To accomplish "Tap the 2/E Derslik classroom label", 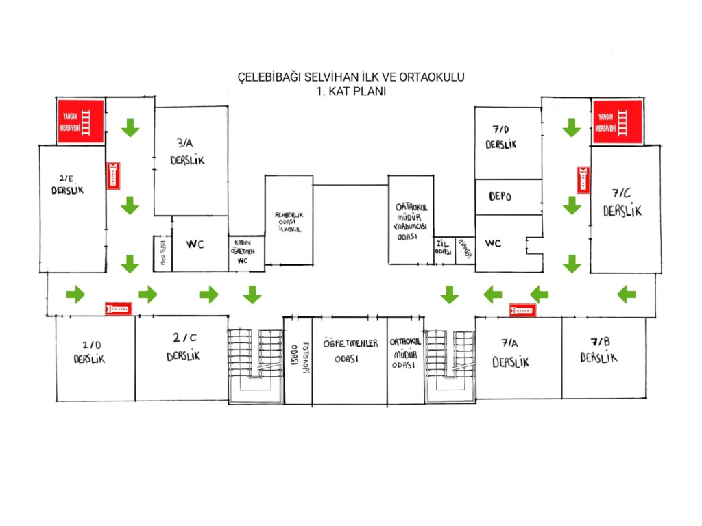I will (67, 185).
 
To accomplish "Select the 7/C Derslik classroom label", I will (622, 203).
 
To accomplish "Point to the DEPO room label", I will (500, 197).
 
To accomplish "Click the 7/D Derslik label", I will (500, 138).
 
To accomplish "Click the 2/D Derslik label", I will (89, 353).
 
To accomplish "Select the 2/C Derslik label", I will (184, 348).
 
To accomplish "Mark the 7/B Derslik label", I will (598, 351).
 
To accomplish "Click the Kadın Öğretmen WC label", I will (246, 252).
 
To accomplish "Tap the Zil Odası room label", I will (442, 249).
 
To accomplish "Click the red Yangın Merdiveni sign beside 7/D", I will (618, 123).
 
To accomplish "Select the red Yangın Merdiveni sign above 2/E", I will (81, 122).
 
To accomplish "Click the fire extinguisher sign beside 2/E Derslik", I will (114, 175).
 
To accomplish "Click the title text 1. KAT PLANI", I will (350, 90).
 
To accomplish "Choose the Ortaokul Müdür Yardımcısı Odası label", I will (411, 220).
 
